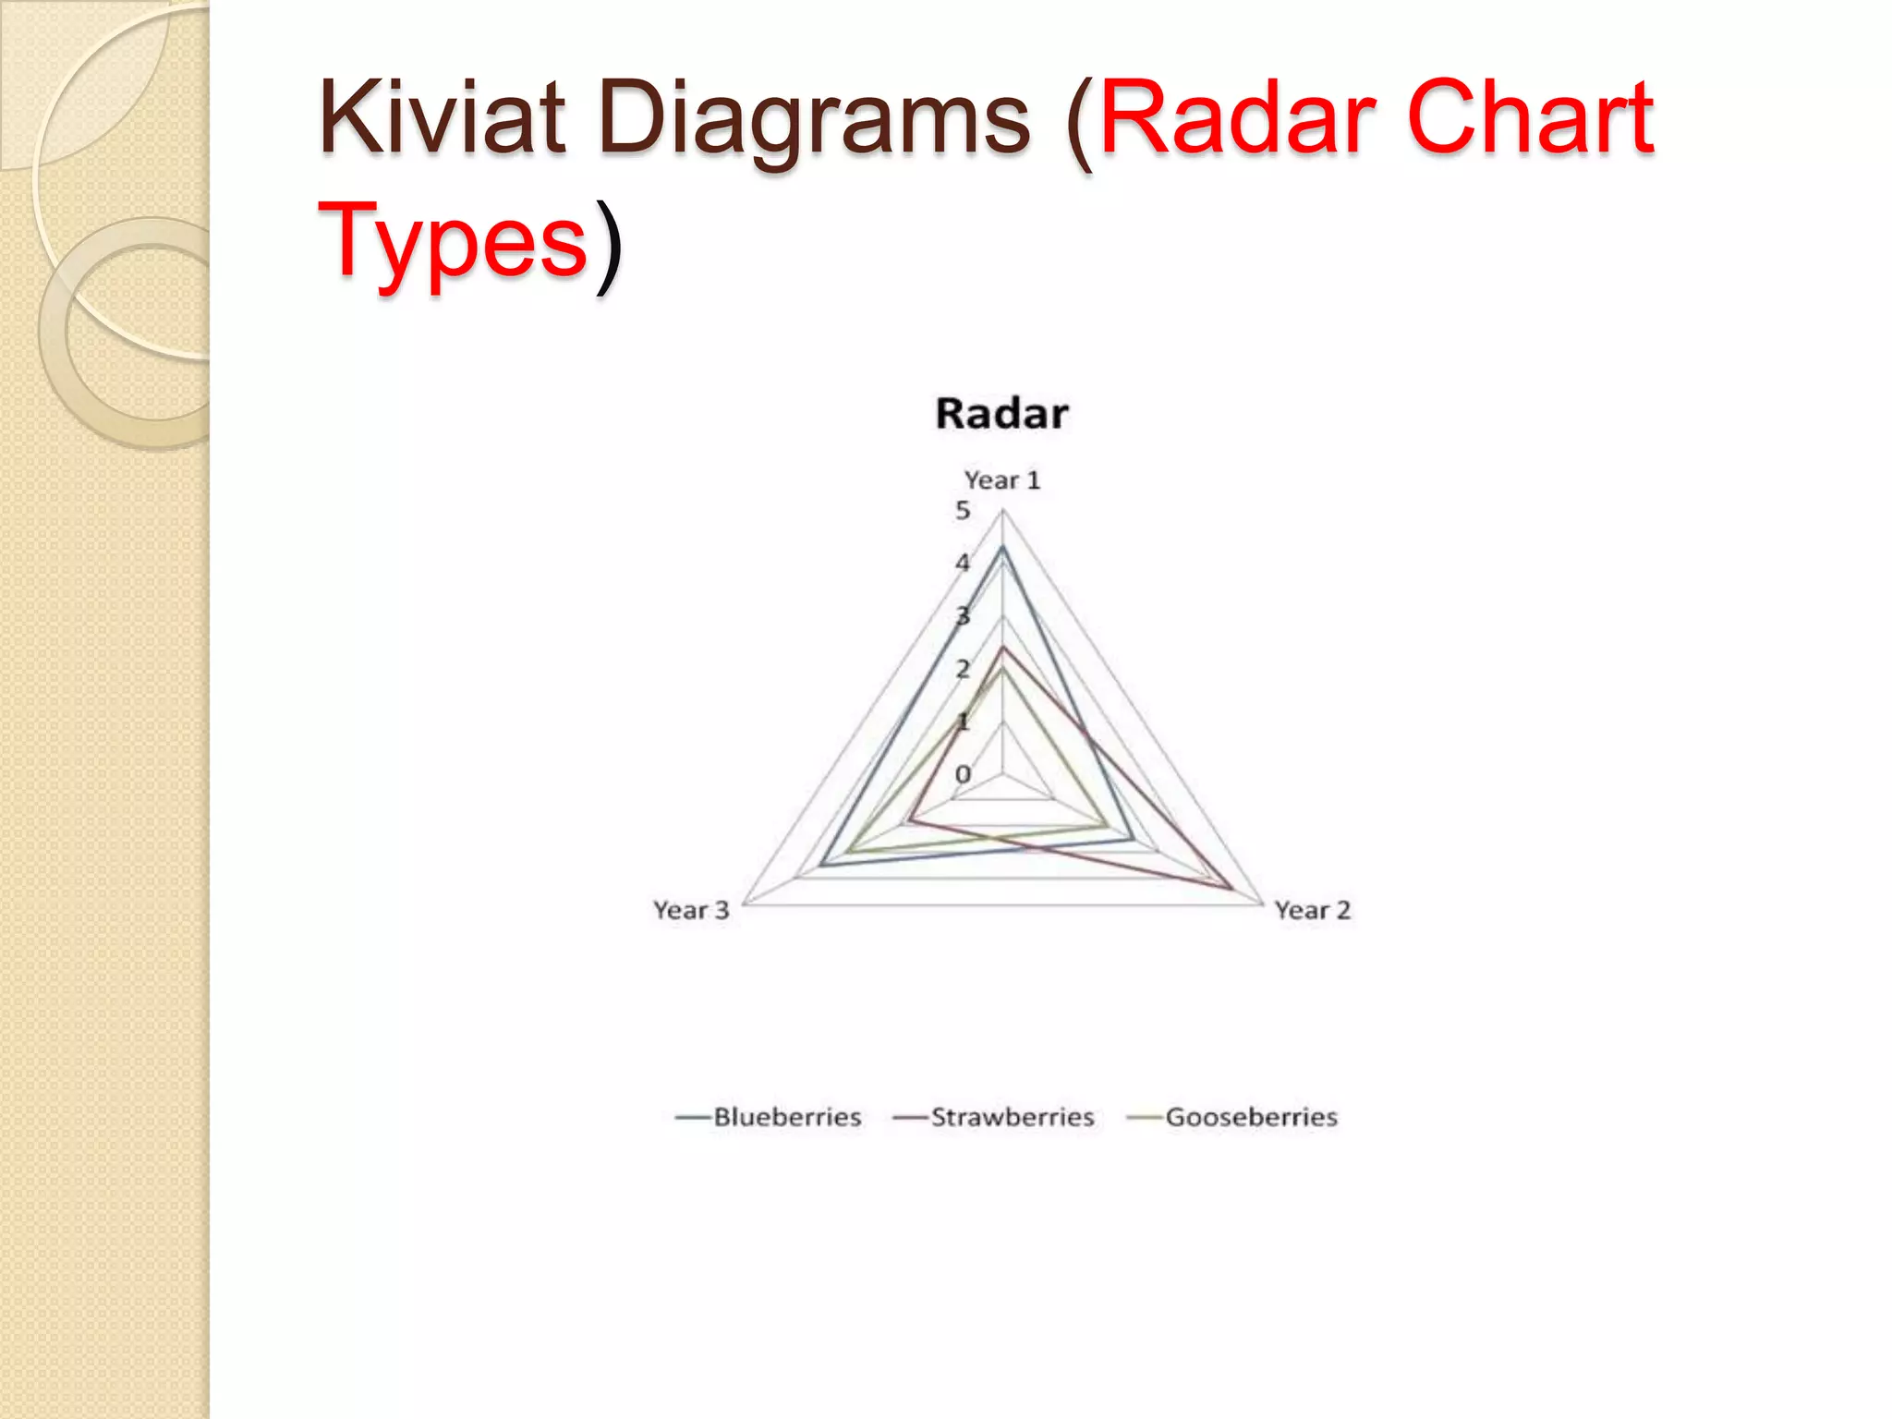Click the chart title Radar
1001,413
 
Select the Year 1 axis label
1001,480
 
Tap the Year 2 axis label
1312,910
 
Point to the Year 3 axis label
691,910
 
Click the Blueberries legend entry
786,1117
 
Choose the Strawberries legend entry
1012,1117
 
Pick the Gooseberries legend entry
1251,1117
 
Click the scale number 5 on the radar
963,510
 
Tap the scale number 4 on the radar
963,562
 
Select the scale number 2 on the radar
963,668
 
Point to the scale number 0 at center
963,773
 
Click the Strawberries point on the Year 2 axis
1231,889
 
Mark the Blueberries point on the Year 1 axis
1002,549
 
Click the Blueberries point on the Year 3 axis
821,866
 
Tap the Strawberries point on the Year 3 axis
910,819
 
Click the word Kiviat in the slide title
442,118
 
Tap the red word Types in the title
453,242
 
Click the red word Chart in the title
1529,118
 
